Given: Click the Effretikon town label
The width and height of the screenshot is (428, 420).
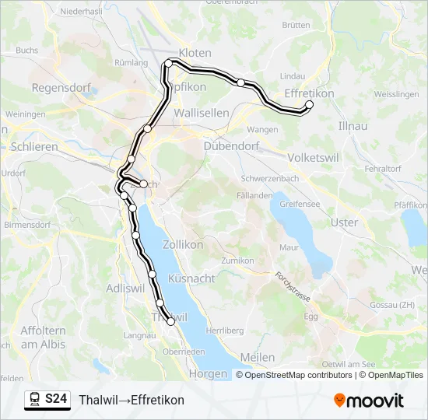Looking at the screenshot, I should click(310, 93).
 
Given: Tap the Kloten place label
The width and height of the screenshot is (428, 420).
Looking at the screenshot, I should click(195, 53).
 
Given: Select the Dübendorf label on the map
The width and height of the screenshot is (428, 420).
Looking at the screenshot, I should click(230, 145).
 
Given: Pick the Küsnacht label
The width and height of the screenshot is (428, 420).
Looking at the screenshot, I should click(191, 278).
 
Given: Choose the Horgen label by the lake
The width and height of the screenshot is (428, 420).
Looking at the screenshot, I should click(208, 373).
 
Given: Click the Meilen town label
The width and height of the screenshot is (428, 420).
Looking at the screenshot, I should click(258, 357).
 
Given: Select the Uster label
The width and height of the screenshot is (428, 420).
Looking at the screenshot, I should click(345, 222).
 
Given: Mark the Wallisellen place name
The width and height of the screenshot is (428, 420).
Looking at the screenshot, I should click(202, 113).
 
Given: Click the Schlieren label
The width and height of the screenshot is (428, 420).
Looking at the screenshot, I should click(35, 146).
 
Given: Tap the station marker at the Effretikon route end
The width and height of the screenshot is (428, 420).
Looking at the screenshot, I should click(310, 104).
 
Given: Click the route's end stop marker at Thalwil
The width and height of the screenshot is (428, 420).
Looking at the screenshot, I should click(171, 321).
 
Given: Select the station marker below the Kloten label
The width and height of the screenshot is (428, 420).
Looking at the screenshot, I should click(168, 63).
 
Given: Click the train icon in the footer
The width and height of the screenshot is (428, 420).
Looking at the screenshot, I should click(35, 400).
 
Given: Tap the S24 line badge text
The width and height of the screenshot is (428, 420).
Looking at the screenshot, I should click(55, 400).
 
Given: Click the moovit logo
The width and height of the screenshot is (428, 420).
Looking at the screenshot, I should click(369, 401).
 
